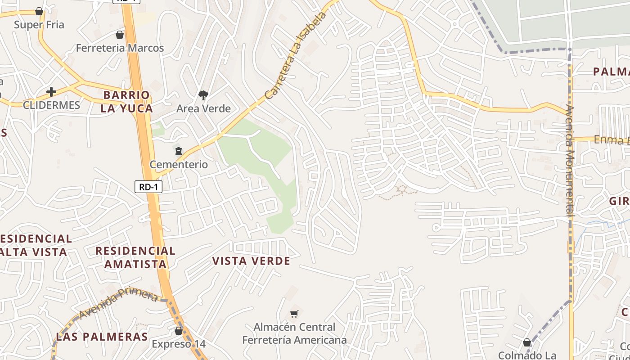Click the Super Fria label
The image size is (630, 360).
tap(39, 25)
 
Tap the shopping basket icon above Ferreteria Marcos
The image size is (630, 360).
tap(120, 35)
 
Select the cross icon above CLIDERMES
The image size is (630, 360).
tap(51, 92)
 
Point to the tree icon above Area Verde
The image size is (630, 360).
tap(203, 95)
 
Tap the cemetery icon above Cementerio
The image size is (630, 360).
tap(179, 151)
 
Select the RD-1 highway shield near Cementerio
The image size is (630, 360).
tap(148, 187)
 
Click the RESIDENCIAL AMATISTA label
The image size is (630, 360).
tap(135, 257)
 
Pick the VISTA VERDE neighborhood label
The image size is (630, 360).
tap(251, 261)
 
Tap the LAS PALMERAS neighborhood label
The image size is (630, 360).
tap(102, 337)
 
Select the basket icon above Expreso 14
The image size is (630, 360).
tap(179, 331)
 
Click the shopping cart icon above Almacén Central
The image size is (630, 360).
tap(294, 314)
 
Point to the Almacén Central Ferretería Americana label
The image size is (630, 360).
tap(294, 333)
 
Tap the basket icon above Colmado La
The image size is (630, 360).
tap(527, 343)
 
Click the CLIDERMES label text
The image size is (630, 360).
tap(51, 105)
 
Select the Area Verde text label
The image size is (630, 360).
tap(203, 108)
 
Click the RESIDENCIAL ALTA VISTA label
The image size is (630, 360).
tap(34, 245)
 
